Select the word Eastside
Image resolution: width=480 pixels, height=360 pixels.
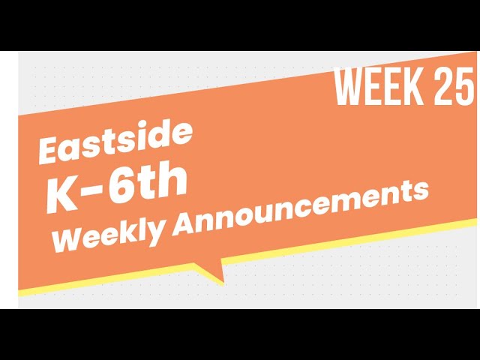click(115, 142)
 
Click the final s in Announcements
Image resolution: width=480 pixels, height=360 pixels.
click(421, 190)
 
